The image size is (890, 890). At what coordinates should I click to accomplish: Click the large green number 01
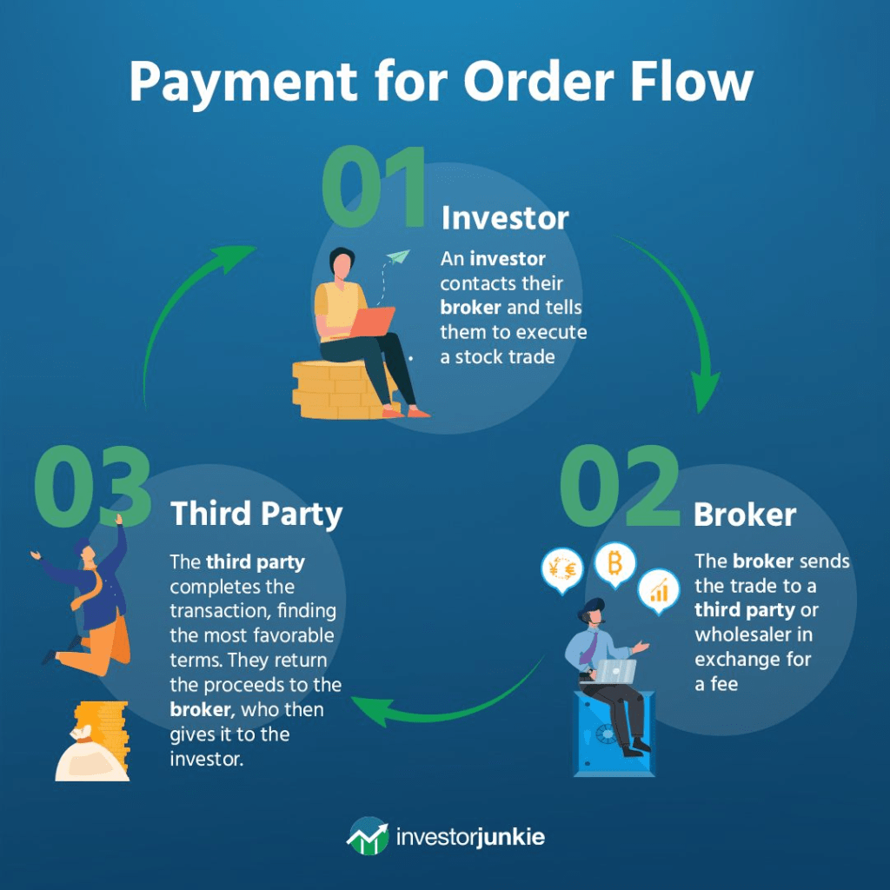[x=374, y=187]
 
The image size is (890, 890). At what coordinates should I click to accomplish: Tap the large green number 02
[x=620, y=486]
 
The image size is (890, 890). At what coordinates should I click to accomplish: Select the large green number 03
[x=92, y=486]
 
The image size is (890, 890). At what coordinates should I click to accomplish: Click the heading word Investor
[x=505, y=218]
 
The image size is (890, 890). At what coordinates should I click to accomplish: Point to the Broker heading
[x=745, y=515]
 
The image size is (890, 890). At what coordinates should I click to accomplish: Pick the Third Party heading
[x=256, y=515]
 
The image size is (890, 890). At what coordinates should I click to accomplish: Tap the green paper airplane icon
[x=397, y=257]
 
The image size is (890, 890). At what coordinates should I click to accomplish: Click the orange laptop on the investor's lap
[x=371, y=322]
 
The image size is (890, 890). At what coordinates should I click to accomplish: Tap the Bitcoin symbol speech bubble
[x=614, y=566]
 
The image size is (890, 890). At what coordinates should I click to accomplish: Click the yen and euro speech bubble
[x=562, y=570]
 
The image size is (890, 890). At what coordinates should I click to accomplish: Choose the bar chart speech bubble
[x=659, y=591]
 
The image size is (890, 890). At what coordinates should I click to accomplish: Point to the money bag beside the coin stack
[x=91, y=755]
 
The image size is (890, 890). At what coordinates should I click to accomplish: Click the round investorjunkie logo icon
[x=369, y=835]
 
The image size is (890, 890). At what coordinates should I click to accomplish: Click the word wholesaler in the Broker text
[x=754, y=634]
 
